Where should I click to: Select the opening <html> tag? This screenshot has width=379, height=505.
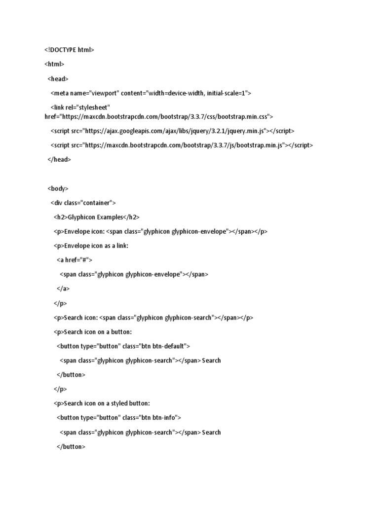tap(54, 64)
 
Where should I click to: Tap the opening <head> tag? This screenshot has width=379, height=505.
tap(58, 78)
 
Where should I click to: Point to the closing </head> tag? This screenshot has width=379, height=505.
tap(59, 159)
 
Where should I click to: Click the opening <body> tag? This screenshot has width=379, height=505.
tap(58, 188)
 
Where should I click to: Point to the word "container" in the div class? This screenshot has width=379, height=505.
tap(98, 203)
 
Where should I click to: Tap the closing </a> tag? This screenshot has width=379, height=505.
tap(63, 289)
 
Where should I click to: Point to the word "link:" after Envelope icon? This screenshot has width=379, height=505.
tap(121, 246)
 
